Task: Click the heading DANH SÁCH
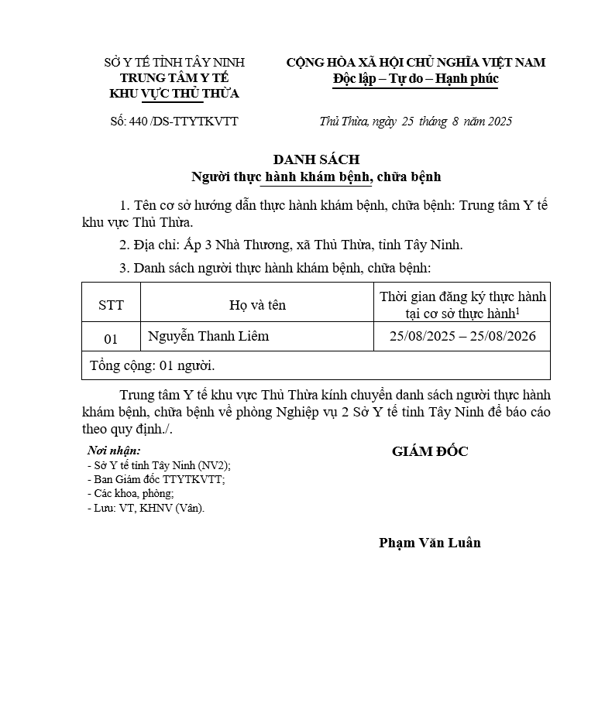pos(316,159)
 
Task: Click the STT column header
pos(111,305)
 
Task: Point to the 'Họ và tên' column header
pos(257,305)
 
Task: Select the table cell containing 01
pos(111,338)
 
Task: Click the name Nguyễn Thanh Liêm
pos(208,337)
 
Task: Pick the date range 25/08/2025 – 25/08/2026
pos(462,337)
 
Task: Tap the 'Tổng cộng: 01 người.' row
pos(153,365)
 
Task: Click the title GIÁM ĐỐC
pos(430,451)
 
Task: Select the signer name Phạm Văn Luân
pos(430,543)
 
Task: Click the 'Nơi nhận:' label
pos(114,451)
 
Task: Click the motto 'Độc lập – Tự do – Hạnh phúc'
pos(415,79)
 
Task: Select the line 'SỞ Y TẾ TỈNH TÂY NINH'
pos(174,62)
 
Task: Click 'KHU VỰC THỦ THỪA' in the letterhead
pos(174,94)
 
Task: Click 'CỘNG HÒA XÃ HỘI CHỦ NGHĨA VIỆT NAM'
pos(415,62)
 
